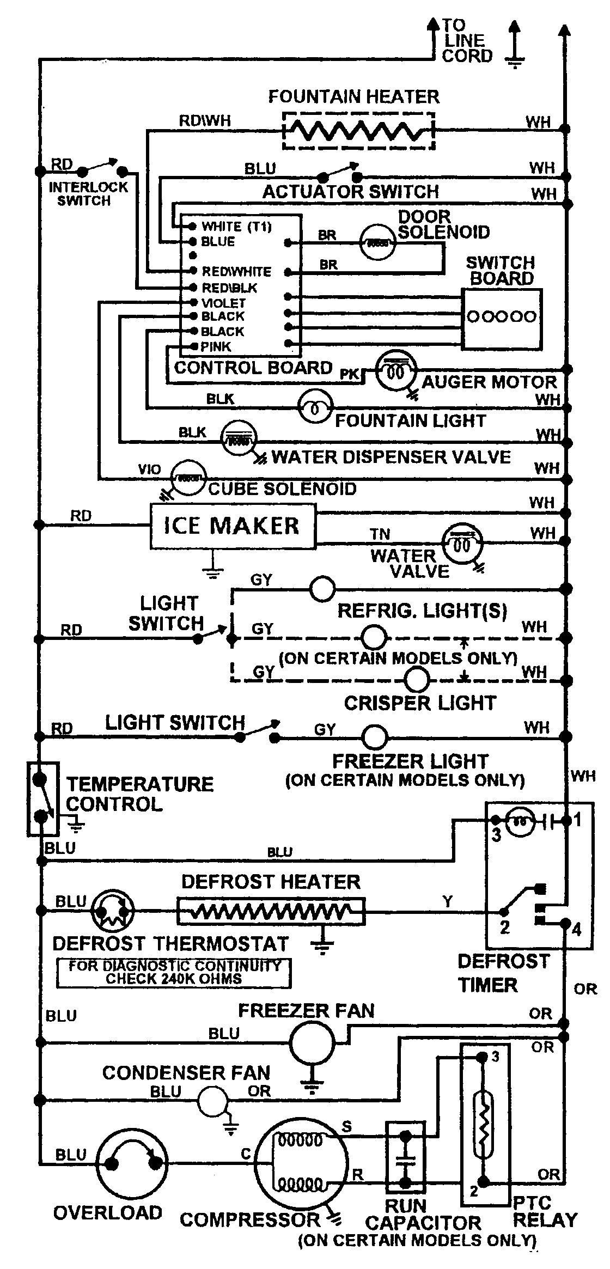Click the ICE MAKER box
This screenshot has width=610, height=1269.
pyautogui.click(x=233, y=526)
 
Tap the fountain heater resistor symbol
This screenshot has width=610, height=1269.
pyautogui.click(x=358, y=131)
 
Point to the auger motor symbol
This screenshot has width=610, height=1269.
pyautogui.click(x=396, y=371)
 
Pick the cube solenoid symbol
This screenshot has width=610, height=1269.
pyautogui.click(x=188, y=478)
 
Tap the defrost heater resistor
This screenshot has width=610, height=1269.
pyautogui.click(x=271, y=911)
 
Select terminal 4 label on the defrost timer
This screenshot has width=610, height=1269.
pyautogui.click(x=576, y=929)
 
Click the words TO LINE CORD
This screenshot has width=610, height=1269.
pyautogui.click(x=466, y=41)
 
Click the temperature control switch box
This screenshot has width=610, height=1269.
pyautogui.click(x=42, y=798)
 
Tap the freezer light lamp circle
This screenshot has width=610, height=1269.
pyautogui.click(x=375, y=737)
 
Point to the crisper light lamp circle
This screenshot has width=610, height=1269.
pyautogui.click(x=417, y=680)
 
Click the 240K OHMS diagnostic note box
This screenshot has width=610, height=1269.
pyautogui.click(x=174, y=972)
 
